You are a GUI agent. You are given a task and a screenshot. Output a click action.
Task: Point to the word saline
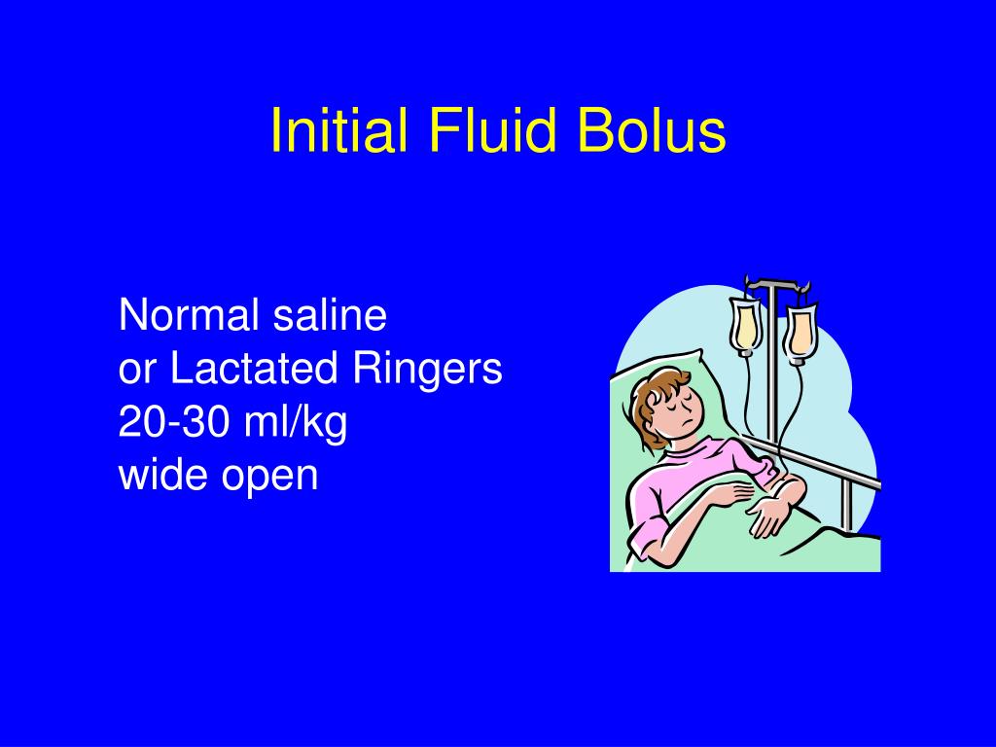point(330,315)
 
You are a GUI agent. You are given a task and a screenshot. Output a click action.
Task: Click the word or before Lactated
point(137,372)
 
